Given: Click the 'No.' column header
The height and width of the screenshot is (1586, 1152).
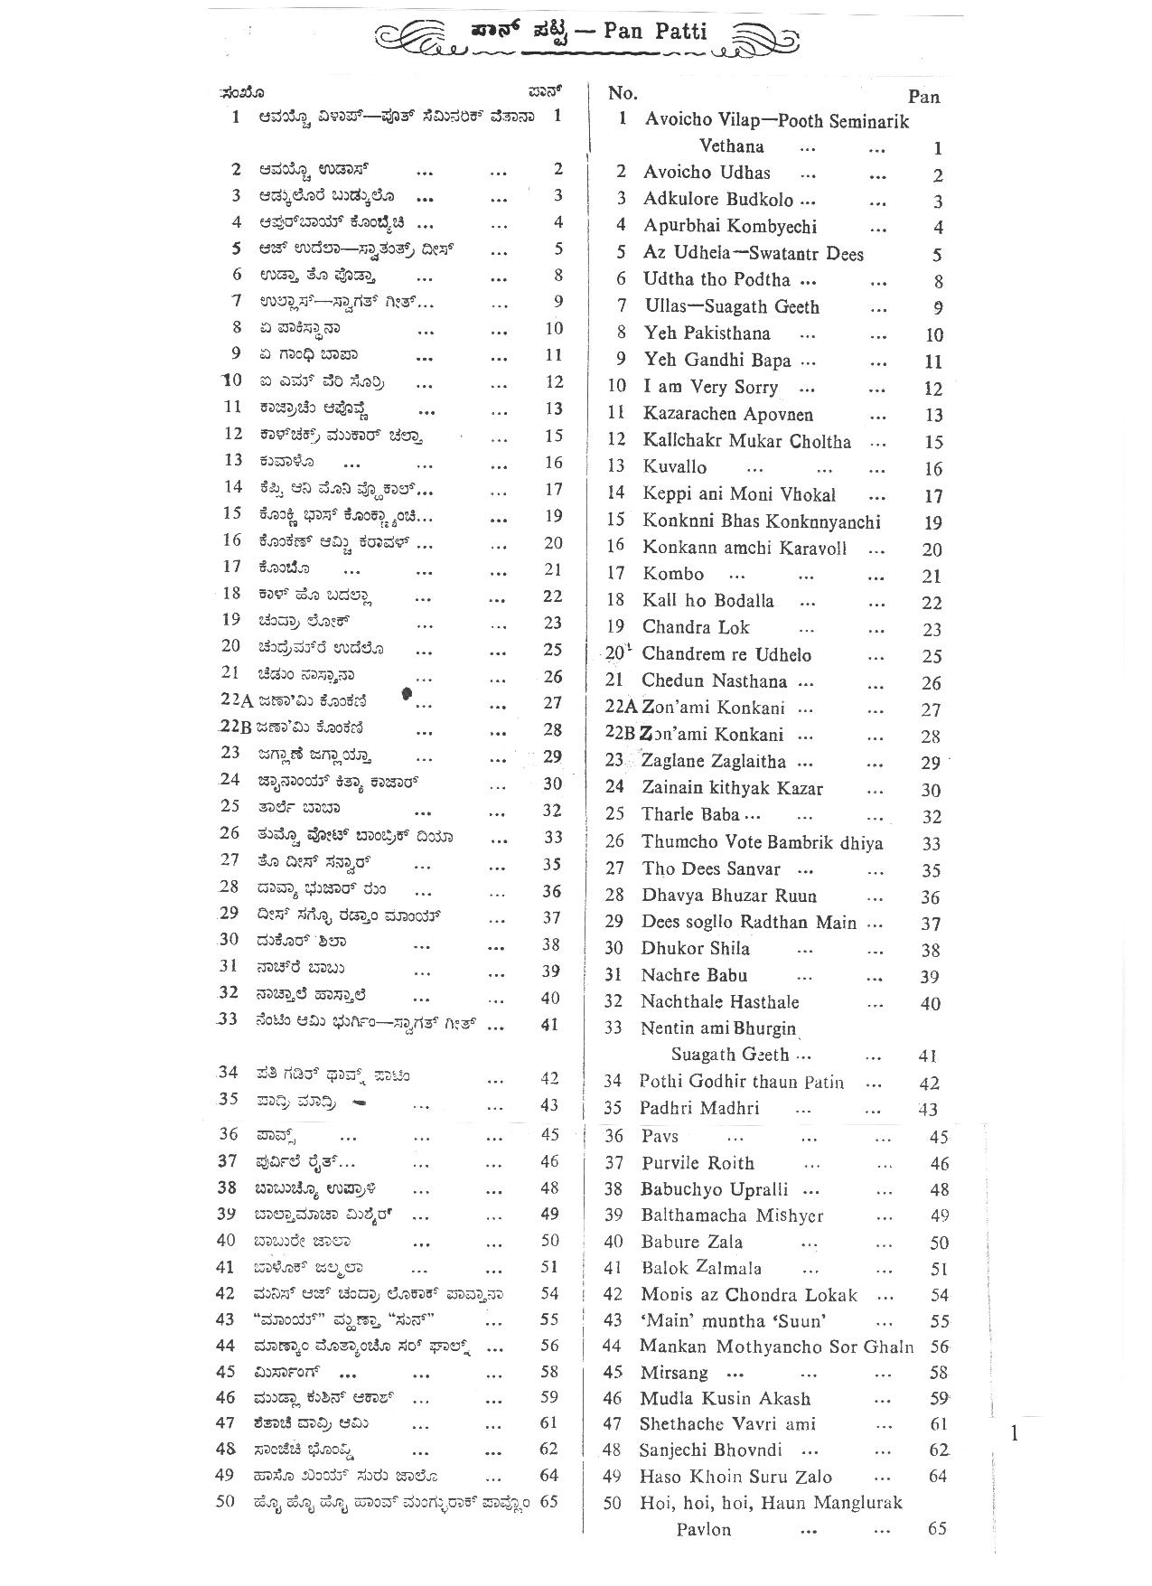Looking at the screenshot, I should [623, 93].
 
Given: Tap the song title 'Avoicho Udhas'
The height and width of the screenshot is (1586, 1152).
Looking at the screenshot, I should [707, 173].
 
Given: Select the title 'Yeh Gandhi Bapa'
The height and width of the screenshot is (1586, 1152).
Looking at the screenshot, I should [717, 361].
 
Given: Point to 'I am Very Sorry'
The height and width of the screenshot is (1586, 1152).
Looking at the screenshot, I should [710, 388].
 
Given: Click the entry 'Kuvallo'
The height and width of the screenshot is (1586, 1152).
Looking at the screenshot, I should [675, 467].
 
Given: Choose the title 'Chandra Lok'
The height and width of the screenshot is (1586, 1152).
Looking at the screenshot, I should [696, 627].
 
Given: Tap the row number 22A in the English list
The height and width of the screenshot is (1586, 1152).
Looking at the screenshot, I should [621, 708].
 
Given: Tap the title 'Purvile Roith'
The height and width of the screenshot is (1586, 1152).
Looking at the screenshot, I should [698, 1163].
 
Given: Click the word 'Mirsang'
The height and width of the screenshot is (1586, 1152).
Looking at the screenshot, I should [673, 1373].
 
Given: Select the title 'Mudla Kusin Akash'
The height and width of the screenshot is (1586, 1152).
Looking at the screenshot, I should [725, 1399].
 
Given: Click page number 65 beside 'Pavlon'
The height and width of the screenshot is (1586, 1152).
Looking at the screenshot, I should [938, 1529].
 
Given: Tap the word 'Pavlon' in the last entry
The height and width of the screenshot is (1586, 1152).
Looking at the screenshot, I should [704, 1529].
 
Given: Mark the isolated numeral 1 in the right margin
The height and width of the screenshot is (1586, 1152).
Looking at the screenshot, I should [1015, 1432].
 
